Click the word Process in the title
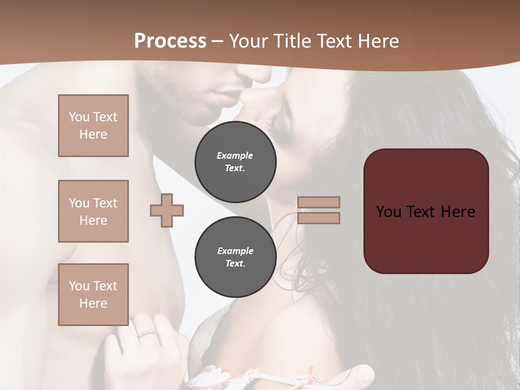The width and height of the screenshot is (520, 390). pos(170,41)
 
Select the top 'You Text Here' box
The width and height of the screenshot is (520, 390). pos(93,126)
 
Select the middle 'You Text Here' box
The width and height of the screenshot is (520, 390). pos(93,211)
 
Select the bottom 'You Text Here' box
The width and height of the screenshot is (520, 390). pos(93,295)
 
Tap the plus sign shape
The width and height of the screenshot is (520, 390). pos(167,210)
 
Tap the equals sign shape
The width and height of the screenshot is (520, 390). pos(318,210)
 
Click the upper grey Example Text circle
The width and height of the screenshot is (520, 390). pos(236,162)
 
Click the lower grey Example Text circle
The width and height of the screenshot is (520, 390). pos(236,257)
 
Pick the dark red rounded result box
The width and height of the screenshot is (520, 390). pos(426,211)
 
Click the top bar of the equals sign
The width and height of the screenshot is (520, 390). pos(318,203)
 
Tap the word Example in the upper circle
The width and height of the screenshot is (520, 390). pos(235,156)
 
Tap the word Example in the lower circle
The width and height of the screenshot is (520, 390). pos(235,251)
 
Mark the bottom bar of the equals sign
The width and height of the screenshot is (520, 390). pos(318,218)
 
